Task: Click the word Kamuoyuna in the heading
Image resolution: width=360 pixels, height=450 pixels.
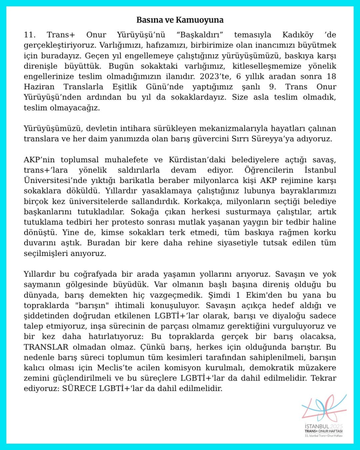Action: pos(201,20)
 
